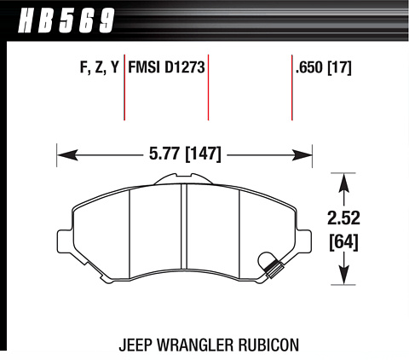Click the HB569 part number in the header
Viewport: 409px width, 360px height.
[66, 20]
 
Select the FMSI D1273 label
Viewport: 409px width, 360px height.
[166, 67]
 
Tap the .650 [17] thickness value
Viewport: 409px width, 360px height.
[324, 67]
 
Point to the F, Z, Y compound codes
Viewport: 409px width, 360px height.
[99, 67]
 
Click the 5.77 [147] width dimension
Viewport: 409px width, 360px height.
[185, 154]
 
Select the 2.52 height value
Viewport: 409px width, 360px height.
[343, 218]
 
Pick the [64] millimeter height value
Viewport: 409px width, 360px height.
[343, 242]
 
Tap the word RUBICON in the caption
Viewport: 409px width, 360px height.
[268, 345]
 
